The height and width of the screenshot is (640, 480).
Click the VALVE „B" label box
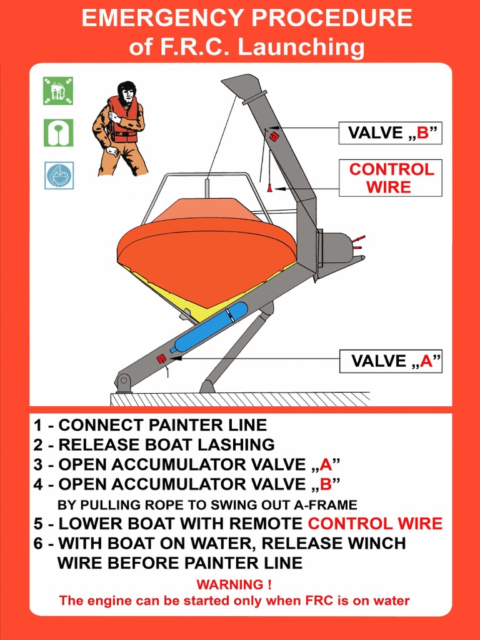(x=391, y=133)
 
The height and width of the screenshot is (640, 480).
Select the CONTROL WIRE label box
(x=391, y=178)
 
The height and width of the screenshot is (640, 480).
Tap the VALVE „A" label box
(x=391, y=361)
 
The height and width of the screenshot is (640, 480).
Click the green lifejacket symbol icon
(x=58, y=132)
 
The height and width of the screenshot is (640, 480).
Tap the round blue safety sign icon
(x=59, y=176)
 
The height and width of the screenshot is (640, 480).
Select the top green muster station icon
(x=58, y=91)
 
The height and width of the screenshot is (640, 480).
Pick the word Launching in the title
(x=301, y=47)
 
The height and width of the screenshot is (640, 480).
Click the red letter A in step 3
(x=324, y=465)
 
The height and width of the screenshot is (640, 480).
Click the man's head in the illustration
(x=127, y=92)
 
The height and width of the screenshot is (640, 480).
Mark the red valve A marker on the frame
(x=161, y=359)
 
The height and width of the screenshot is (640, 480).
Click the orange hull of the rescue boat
(x=206, y=250)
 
